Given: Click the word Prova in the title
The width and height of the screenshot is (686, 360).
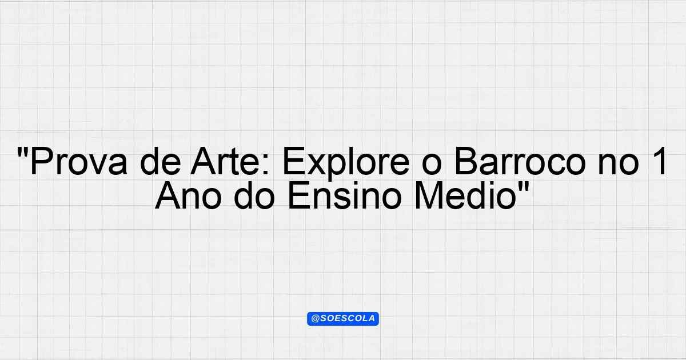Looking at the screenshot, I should (77, 163).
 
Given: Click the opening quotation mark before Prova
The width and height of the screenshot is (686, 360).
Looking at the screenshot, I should (23, 153).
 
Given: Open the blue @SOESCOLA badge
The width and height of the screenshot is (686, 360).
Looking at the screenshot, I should (343, 319).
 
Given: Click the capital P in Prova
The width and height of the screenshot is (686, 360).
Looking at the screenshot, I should (40, 163).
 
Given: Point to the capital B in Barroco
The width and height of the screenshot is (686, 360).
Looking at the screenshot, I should (464, 163).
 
